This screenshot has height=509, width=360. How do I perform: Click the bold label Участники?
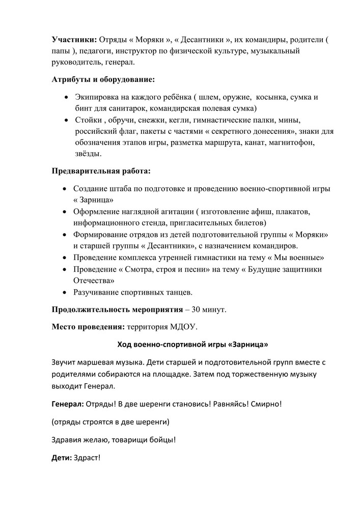[74, 40]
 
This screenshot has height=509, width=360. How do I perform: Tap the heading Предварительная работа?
[101, 170]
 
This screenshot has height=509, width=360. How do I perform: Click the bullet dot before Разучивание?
[64, 292]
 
